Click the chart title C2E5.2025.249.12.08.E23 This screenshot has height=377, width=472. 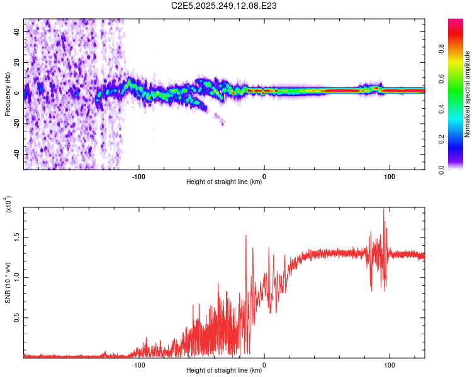pyautogui.click(x=225, y=6)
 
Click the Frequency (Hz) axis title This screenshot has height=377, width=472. pyautogui.click(x=8, y=94)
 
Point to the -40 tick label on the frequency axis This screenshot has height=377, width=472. pyautogui.click(x=16, y=154)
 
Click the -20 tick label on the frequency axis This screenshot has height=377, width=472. pyautogui.click(x=16, y=123)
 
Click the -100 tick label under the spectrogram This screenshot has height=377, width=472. pyautogui.click(x=138, y=175)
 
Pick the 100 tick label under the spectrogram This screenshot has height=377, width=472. pyautogui.click(x=390, y=175)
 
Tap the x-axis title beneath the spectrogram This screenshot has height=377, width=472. pyautogui.click(x=224, y=182)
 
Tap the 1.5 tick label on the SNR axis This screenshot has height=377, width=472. pyautogui.click(x=14, y=236)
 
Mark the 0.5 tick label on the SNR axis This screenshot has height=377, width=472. pyautogui.click(x=14, y=318)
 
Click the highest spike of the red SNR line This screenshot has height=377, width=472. pyautogui.click(x=384, y=209)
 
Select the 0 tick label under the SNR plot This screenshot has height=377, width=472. pyautogui.click(x=264, y=364)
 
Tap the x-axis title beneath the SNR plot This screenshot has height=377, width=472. pyautogui.click(x=224, y=371)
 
